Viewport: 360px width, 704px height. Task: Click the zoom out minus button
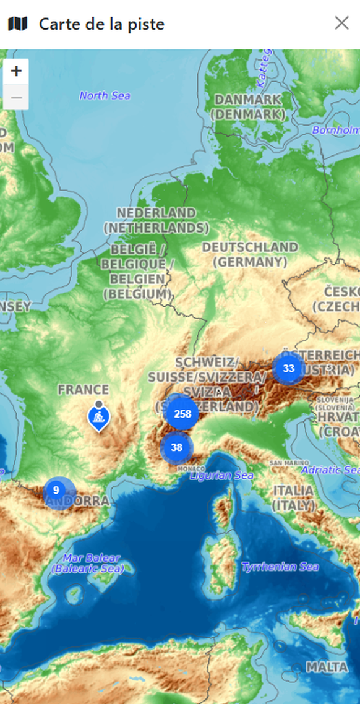16,97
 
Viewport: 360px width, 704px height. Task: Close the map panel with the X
341,24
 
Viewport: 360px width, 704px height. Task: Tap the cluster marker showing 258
182,414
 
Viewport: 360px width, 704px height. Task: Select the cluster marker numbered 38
177,447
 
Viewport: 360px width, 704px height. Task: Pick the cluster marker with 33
288,369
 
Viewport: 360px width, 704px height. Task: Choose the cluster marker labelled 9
56,491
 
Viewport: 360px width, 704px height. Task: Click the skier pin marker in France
98,418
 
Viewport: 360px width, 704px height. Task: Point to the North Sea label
105,95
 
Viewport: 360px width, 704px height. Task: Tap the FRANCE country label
83,390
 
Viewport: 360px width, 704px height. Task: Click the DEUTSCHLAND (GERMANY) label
250,254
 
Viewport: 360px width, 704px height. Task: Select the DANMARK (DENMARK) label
247,107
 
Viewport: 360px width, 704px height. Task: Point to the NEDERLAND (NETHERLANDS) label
156,220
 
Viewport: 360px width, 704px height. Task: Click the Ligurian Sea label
221,476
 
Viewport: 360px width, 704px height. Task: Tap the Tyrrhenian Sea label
280,567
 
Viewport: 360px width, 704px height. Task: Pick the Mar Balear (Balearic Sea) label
87,563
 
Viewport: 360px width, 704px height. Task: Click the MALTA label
327,668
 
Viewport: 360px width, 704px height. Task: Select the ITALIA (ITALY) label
293,498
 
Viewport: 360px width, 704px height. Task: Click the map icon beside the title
18,24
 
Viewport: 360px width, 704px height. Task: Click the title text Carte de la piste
101,24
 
